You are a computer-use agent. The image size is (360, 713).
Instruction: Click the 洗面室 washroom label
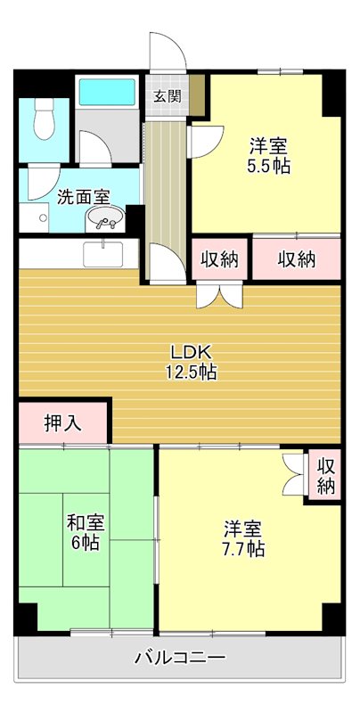84,198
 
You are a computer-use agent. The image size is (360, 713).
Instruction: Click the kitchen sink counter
107,253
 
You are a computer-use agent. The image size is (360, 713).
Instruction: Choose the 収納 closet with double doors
218,259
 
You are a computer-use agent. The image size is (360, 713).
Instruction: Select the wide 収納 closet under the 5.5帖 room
296,259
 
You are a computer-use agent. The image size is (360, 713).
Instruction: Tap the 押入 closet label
63,422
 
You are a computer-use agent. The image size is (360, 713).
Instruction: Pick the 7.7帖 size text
242,548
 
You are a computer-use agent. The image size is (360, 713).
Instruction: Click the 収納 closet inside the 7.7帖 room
327,476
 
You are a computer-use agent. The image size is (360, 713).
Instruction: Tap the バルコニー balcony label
180,659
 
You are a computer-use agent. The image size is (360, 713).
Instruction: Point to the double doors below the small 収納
218,295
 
